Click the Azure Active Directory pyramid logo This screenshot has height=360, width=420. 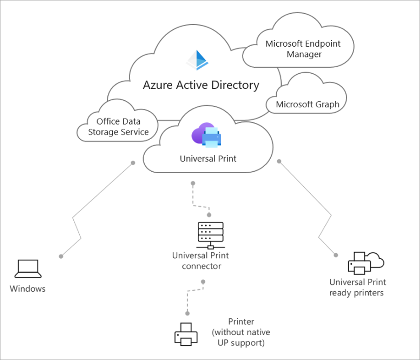[x=197, y=60]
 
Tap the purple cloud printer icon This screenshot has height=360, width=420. [x=206, y=135]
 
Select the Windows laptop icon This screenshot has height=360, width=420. [x=28, y=268]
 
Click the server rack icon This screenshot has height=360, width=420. [x=210, y=235]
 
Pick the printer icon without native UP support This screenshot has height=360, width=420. [x=186, y=334]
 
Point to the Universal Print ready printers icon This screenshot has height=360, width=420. [x=366, y=263]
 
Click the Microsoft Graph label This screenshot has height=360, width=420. [x=308, y=104]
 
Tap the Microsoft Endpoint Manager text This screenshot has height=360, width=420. [x=303, y=49]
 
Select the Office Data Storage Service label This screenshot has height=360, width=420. [x=119, y=127]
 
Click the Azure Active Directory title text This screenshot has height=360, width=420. [x=201, y=85]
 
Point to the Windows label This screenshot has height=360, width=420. [x=28, y=289]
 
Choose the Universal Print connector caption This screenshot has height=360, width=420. [x=201, y=261]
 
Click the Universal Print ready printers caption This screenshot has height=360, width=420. [x=357, y=287]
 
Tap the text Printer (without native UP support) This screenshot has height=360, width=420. [x=241, y=332]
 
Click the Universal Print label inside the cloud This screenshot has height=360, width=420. [x=208, y=159]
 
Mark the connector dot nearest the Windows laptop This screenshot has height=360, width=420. [x=61, y=256]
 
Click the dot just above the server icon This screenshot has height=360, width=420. [x=209, y=215]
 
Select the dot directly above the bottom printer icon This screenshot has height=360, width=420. [x=188, y=313]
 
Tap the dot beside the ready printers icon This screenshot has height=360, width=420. [x=336, y=255]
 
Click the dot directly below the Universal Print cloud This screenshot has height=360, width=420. [x=193, y=184]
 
